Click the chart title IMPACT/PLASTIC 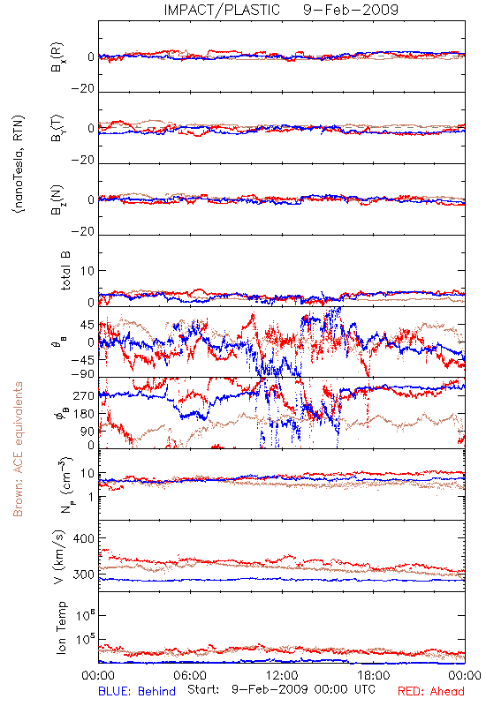coord(222,10)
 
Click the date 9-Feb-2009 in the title coord(351,10)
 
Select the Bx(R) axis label coord(57,57)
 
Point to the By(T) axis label coord(57,128)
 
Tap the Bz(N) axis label coord(57,199)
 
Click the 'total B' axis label coord(65,271)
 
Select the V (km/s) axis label coord(59,557)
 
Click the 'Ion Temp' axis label coord(61,627)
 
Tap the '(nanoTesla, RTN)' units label coord(19,164)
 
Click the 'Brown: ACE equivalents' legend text coord(18,449)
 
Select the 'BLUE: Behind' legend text coord(137,691)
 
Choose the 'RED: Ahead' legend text coord(431,691)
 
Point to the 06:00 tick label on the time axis coord(190,675)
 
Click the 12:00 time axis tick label coord(282,675)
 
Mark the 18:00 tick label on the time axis coord(374,675)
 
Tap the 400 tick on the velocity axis coord(83,538)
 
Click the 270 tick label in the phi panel coord(83,395)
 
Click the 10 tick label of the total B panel coord(87,271)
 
